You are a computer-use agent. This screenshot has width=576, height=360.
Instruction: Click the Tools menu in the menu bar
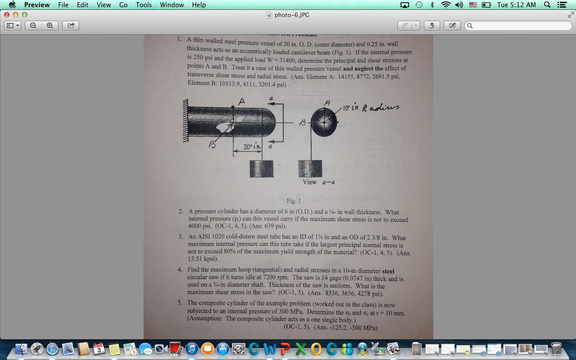(x=144, y=5)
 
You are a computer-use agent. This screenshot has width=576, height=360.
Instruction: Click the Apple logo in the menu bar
(x=12, y=5)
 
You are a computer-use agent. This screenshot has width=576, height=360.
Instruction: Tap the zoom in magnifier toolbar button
(x=49, y=26)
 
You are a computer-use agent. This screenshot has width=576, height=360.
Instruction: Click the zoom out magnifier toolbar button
(x=33, y=26)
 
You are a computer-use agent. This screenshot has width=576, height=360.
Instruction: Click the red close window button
(x=7, y=15)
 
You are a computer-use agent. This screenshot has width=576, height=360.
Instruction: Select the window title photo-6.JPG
(x=292, y=15)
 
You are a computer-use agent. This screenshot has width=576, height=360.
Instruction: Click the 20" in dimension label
(x=252, y=147)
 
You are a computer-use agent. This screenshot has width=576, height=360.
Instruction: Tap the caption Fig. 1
(x=294, y=201)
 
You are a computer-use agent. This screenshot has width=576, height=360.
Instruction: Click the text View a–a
(x=319, y=182)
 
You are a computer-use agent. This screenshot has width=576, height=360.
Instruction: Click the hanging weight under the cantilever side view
(x=261, y=169)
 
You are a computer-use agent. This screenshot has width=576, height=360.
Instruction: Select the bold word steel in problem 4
(x=388, y=271)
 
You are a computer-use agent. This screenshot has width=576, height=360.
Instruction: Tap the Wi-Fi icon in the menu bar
(x=445, y=5)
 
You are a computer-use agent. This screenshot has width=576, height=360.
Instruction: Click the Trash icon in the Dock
(x=556, y=349)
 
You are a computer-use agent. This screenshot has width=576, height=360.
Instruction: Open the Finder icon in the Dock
(x=21, y=349)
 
